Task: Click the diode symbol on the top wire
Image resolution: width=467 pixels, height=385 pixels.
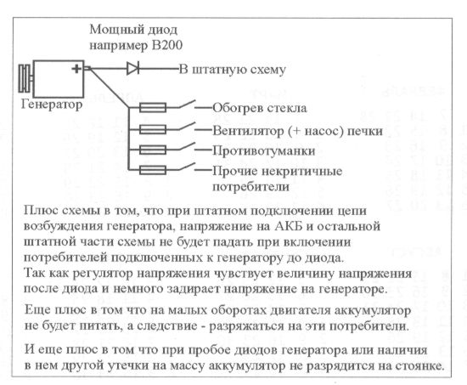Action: point(132,69)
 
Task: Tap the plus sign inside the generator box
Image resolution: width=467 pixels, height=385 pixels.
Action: point(76,69)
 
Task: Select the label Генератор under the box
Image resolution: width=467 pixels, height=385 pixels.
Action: point(52,105)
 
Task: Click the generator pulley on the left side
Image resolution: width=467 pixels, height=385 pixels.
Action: point(25,78)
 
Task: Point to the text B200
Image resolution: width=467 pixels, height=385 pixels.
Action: point(167,45)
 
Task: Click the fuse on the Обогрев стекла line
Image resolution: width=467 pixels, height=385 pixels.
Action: point(153,107)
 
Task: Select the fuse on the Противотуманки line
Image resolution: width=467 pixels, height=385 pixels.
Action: point(153,150)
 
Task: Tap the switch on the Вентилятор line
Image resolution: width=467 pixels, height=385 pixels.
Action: point(187,126)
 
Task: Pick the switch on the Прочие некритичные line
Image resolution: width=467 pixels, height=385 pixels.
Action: point(187,167)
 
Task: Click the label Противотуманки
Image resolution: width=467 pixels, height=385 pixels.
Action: point(263,151)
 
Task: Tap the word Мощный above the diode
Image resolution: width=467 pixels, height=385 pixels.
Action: point(109,30)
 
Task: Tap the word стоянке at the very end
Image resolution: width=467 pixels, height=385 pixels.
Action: point(420,366)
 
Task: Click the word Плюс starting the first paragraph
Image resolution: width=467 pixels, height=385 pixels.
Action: point(39,211)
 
